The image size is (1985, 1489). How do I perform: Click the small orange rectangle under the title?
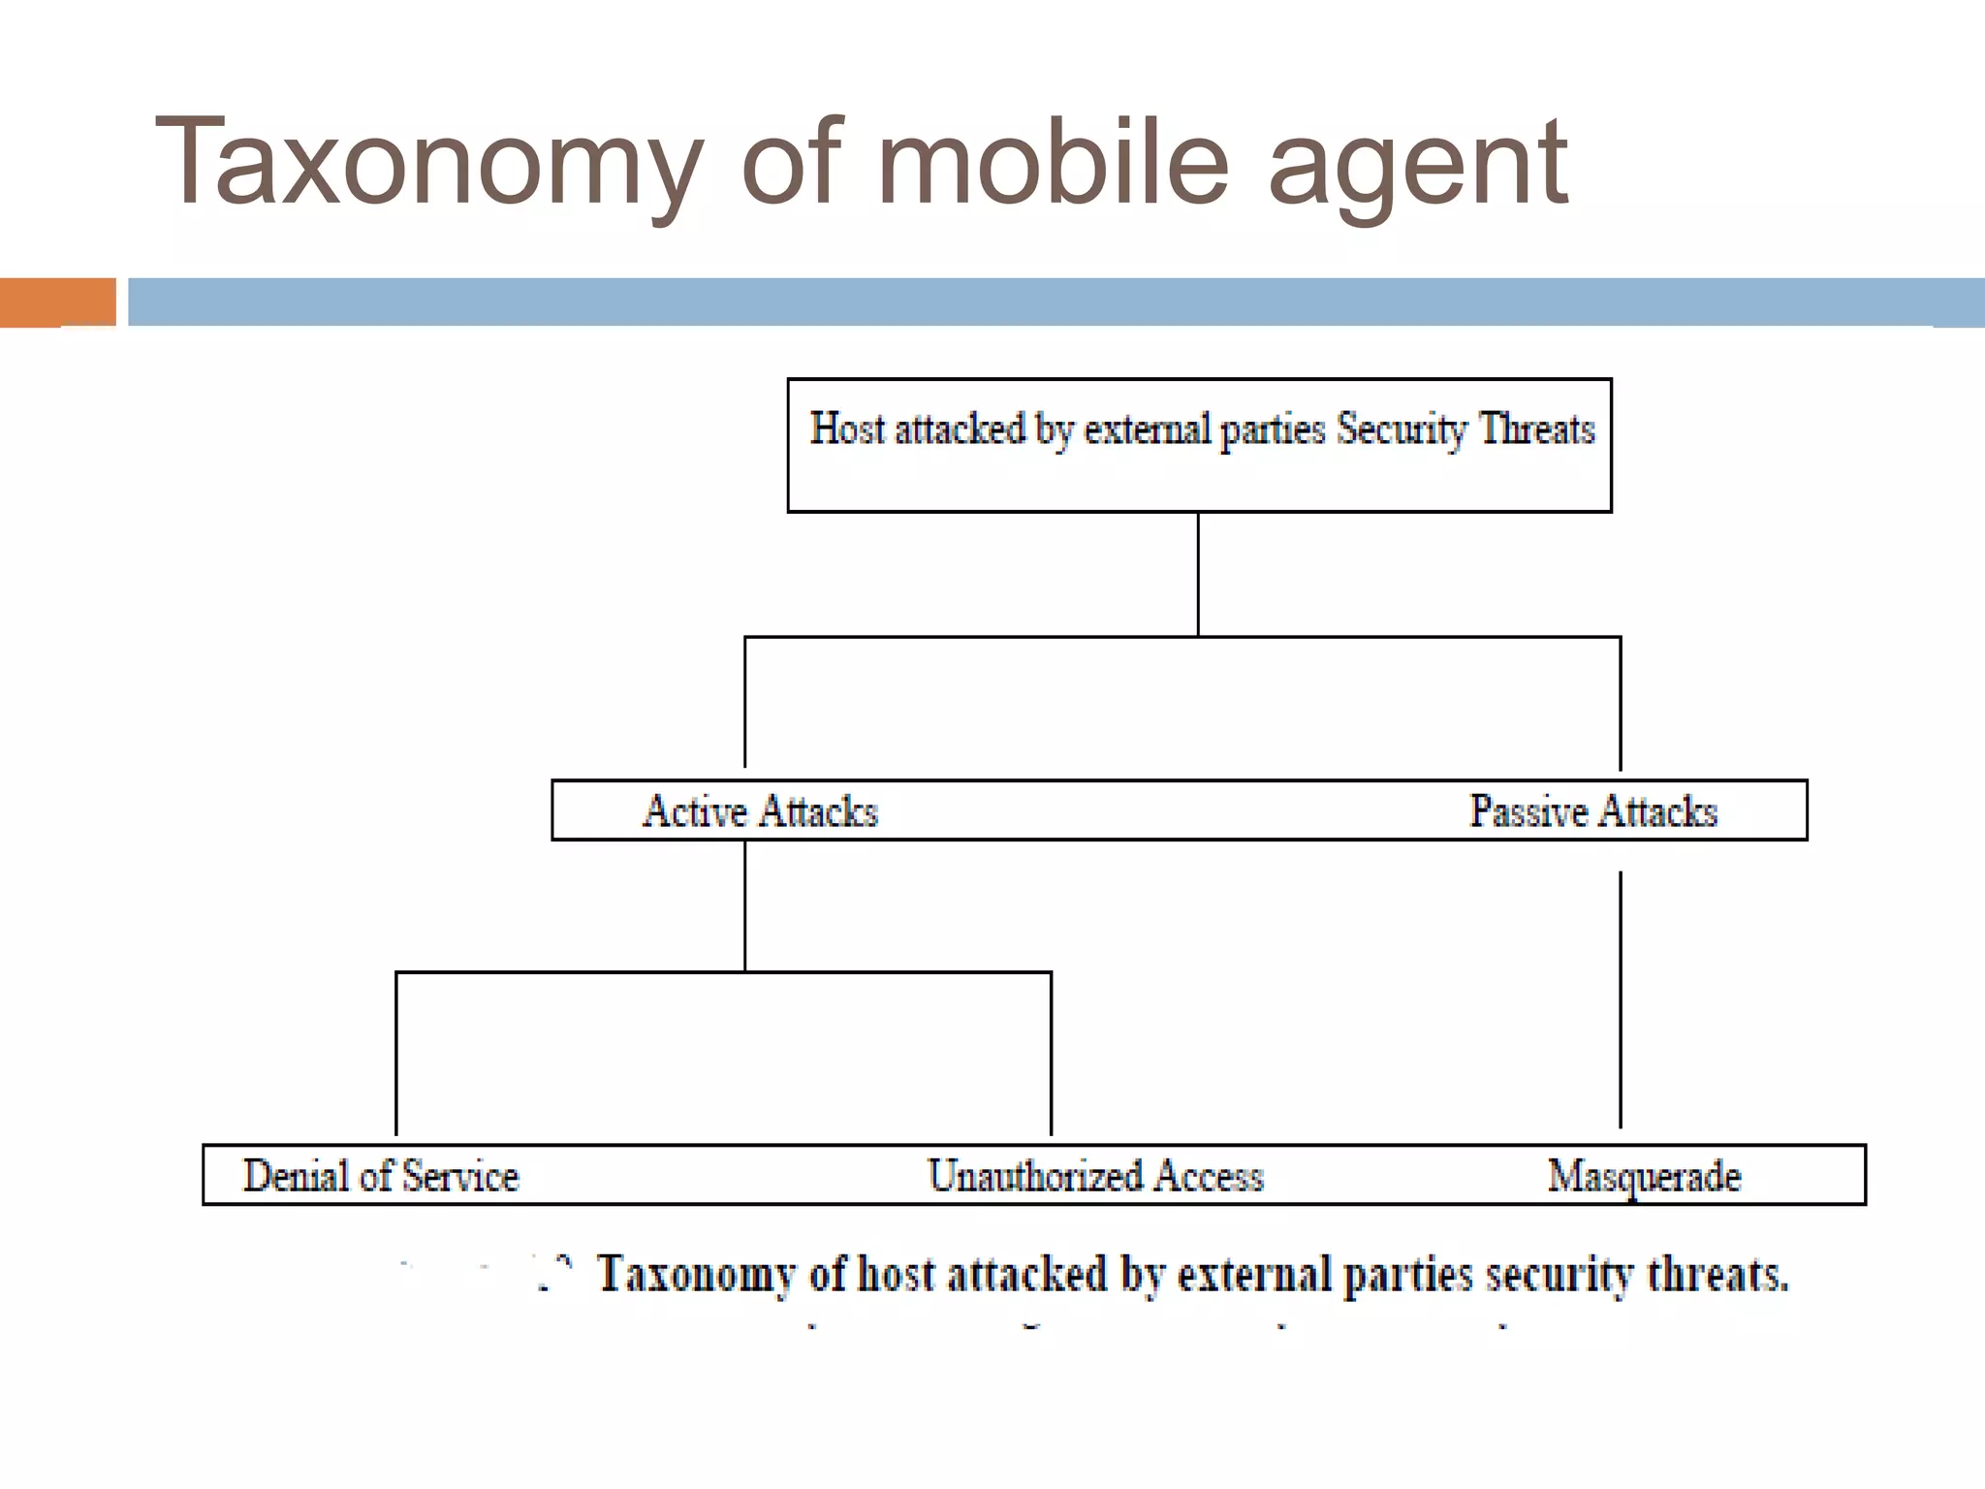pyautogui.click(x=57, y=302)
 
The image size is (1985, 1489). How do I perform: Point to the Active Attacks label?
pyautogui.click(x=760, y=811)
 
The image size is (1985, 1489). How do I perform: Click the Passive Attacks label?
pyautogui.click(x=1592, y=811)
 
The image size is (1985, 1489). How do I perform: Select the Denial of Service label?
pyautogui.click(x=381, y=1176)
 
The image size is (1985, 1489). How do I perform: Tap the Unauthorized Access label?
pyautogui.click(x=1095, y=1176)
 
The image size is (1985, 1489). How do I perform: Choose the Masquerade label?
pyautogui.click(x=1644, y=1176)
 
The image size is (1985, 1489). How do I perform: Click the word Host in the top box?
pyautogui.click(x=847, y=428)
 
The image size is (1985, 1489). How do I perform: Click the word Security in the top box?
pyautogui.click(x=1402, y=428)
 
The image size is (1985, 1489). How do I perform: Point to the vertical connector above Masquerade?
pyautogui.click(x=1620, y=998)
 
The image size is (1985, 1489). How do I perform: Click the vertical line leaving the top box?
pyautogui.click(x=1198, y=574)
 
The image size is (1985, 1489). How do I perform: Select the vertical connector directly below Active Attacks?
pyautogui.click(x=744, y=905)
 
